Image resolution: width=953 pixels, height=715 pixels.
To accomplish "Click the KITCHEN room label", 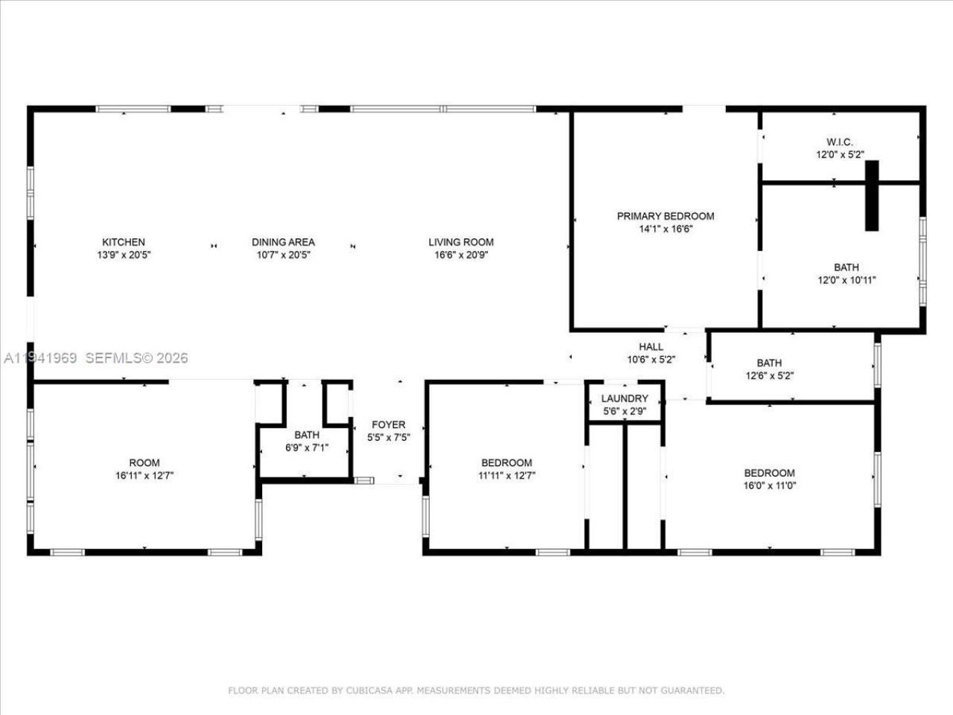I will [x=124, y=242].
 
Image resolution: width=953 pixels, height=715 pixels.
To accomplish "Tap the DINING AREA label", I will [x=283, y=242].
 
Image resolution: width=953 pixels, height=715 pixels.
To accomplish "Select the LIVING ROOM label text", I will [x=461, y=242].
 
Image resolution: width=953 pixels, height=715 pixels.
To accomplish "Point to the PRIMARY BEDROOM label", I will [x=665, y=216].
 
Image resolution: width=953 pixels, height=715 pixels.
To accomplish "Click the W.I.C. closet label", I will [x=839, y=142].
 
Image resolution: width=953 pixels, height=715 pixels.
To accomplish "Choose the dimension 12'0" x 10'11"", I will [x=846, y=281].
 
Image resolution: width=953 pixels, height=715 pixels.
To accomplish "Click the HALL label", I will [x=651, y=346].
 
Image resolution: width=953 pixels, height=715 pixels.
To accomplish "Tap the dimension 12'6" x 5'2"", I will [x=769, y=376].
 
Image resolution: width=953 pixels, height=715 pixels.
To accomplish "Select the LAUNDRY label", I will [x=625, y=398].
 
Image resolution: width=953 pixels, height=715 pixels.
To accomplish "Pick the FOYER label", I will [x=389, y=425].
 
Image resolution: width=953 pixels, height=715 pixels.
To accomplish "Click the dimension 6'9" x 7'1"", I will [x=307, y=448].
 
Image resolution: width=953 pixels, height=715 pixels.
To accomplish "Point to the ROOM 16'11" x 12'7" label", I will [x=144, y=463].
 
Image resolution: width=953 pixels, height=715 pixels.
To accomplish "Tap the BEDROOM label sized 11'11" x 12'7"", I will [x=506, y=463].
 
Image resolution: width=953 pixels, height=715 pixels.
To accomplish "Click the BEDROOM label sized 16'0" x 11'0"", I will [x=769, y=473].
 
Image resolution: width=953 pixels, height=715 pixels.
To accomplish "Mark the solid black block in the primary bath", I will [x=871, y=195].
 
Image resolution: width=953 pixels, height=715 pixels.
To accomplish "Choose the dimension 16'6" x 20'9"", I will [x=461, y=255].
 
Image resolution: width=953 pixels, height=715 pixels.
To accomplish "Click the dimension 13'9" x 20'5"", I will [x=124, y=255].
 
